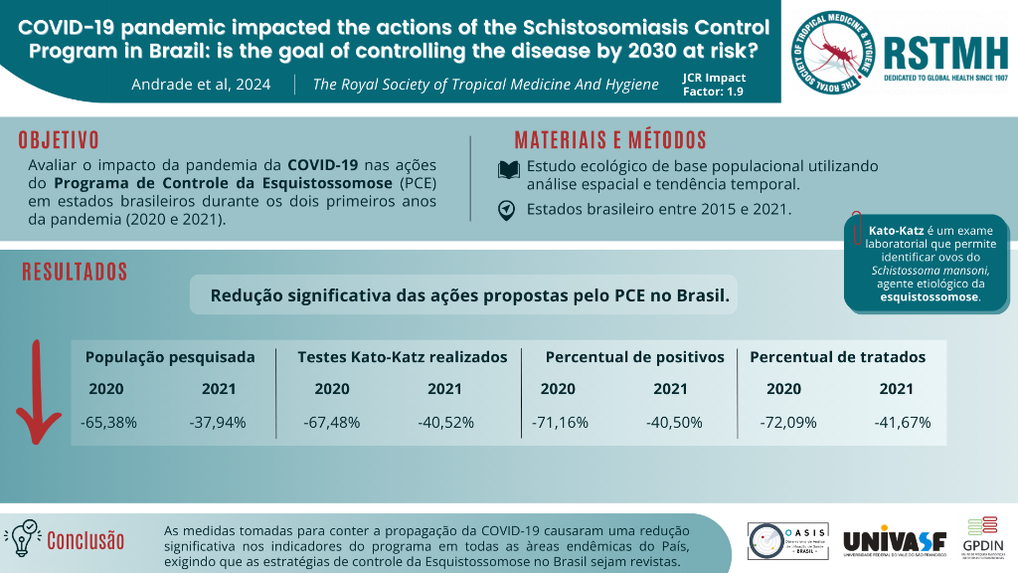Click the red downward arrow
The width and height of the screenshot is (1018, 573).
pyautogui.click(x=37, y=393)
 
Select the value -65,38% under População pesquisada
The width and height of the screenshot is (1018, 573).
pyautogui.click(x=108, y=422)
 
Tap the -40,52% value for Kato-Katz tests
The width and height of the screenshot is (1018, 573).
pyautogui.click(x=445, y=422)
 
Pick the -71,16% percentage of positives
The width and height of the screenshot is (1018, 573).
pyautogui.click(x=560, y=422)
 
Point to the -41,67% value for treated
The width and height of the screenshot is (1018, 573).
pyautogui.click(x=902, y=422)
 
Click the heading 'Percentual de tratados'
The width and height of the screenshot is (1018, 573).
pyautogui.click(x=837, y=357)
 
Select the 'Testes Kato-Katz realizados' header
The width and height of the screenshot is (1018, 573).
pyautogui.click(x=403, y=357)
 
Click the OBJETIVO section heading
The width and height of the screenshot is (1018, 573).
pyautogui.click(x=59, y=140)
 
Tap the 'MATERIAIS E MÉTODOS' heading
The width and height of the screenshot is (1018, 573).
pyautogui.click(x=610, y=140)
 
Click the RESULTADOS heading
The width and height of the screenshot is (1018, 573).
pyautogui.click(x=75, y=272)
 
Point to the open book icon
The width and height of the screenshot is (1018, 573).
pyautogui.click(x=508, y=170)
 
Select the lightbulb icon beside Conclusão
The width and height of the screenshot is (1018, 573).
pyautogui.click(x=22, y=536)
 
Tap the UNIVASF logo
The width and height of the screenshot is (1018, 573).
pyautogui.click(x=894, y=540)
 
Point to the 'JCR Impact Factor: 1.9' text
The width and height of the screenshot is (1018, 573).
pyautogui.click(x=714, y=84)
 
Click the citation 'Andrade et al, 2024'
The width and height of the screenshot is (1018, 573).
pyautogui.click(x=201, y=85)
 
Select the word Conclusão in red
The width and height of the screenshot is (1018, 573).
pyautogui.click(x=86, y=540)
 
